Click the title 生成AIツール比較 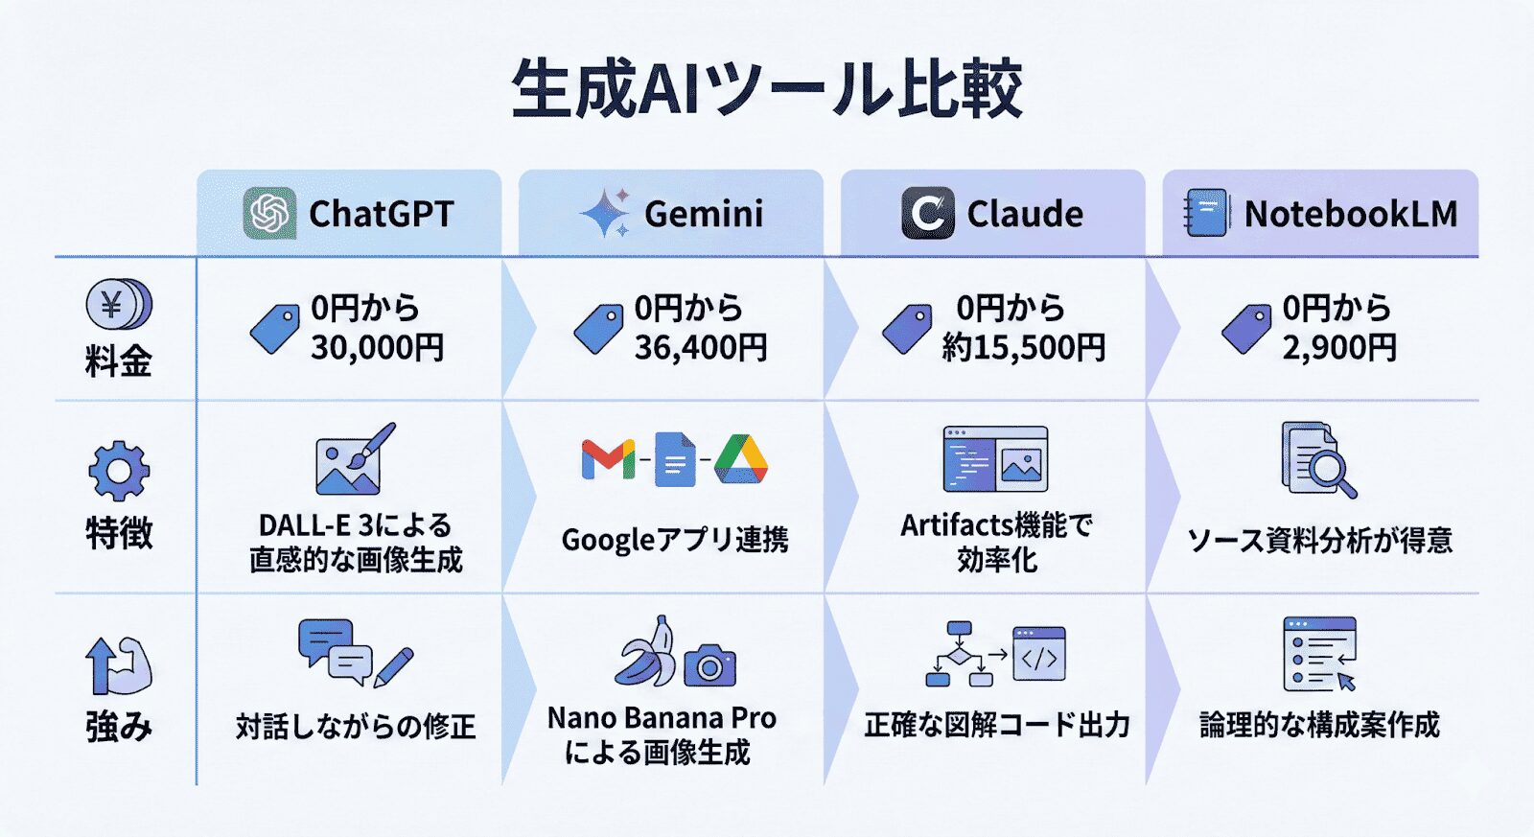pos(767,89)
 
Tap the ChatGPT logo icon pos(269,213)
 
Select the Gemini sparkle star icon pos(605,213)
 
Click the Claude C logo pos(927,213)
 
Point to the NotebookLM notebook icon pos(1205,213)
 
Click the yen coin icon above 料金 pos(118,305)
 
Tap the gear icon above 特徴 pos(119,471)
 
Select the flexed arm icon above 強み pos(119,665)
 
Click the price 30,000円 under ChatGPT pos(377,347)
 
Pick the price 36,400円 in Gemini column pos(701,347)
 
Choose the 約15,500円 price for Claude pos(1023,347)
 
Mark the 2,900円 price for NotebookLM pos(1339,347)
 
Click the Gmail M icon pos(608,460)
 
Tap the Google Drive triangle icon pos(741,459)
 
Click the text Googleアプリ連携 pos(674,540)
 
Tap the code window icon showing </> pos(1039,655)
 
